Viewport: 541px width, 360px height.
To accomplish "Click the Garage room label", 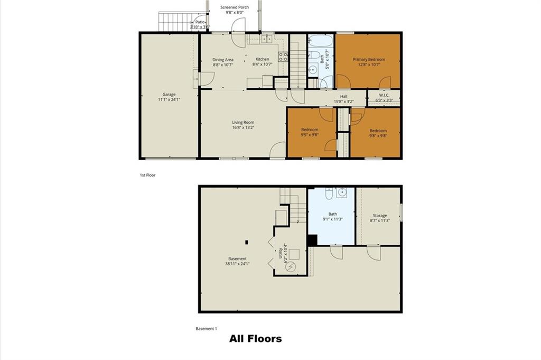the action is [x=169, y=94].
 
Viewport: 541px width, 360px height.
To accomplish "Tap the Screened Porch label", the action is [x=235, y=7].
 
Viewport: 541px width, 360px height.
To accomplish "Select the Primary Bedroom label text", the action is [x=369, y=59].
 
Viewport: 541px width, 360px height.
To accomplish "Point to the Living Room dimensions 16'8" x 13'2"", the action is [x=243, y=127].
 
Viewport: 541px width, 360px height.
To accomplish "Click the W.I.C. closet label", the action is [x=384, y=95].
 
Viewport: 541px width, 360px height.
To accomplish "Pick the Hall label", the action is [x=343, y=96].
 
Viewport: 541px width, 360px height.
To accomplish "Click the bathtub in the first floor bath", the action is [x=321, y=41].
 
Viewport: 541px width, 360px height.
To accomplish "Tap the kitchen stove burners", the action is [x=283, y=57].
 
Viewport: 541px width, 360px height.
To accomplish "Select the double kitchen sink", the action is [x=267, y=39].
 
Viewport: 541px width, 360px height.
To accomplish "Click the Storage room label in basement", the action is [x=379, y=215].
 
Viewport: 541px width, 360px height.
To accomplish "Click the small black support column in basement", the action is [x=246, y=242].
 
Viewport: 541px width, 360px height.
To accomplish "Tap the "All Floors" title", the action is [x=256, y=339].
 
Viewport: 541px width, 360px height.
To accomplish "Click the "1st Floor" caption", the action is [x=148, y=175].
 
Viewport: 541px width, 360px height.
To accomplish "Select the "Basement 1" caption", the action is [x=207, y=329].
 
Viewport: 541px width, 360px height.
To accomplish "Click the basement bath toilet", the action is [x=329, y=193].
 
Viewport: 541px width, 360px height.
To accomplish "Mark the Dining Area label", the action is [x=223, y=60].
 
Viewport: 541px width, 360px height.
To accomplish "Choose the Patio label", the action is [x=200, y=22].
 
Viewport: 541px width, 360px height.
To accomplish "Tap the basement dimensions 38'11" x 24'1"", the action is [x=237, y=264].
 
